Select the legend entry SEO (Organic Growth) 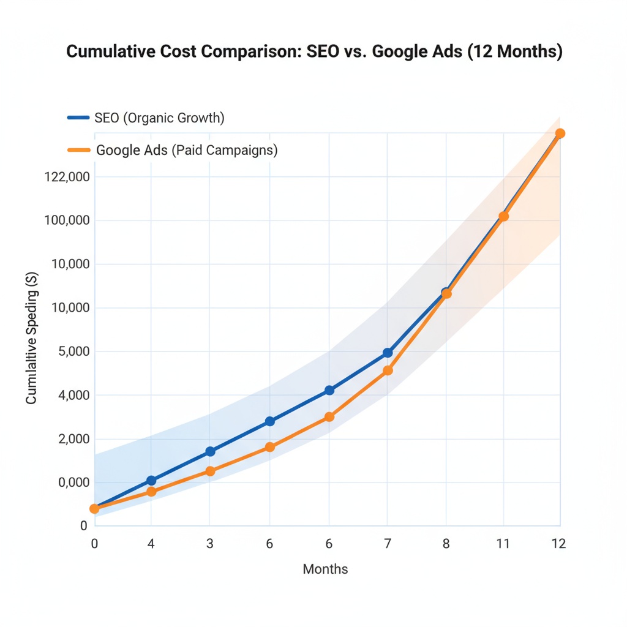(x=159, y=118)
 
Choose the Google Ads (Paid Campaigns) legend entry (x=187, y=150)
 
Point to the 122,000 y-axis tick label (x=67, y=177)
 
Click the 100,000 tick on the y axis (x=67, y=220)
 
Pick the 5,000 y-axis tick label (x=72, y=351)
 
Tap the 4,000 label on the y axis (x=72, y=395)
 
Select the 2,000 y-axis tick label (x=72, y=439)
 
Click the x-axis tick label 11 (x=503, y=543)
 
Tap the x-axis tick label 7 (x=387, y=543)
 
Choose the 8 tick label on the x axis (x=446, y=543)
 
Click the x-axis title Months (x=325, y=569)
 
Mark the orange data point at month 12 (x=560, y=133)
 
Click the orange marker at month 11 (x=503, y=216)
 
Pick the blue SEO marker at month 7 (x=388, y=353)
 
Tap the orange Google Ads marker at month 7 (x=388, y=370)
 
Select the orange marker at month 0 (x=94, y=509)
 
